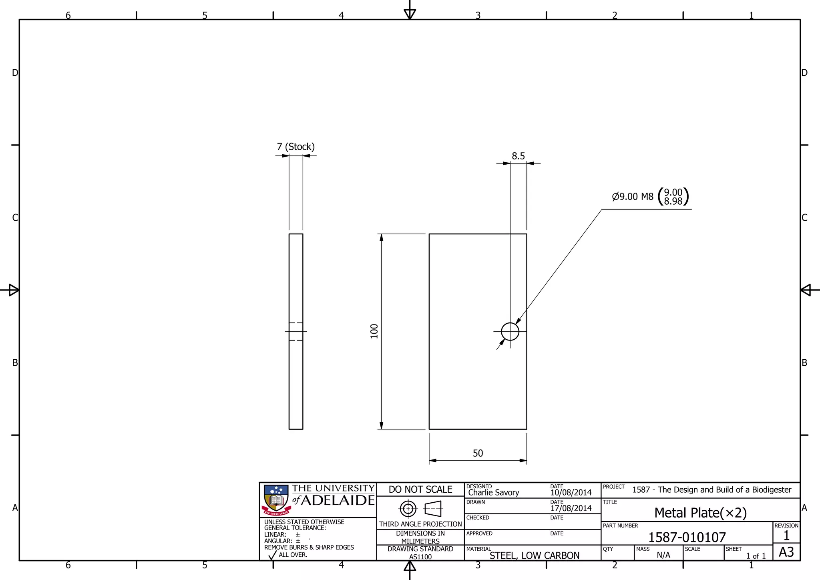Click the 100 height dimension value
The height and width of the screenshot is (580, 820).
pyautogui.click(x=374, y=331)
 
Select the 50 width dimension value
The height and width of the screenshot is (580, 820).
pyautogui.click(x=478, y=453)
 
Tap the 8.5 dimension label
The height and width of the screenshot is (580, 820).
pyautogui.click(x=518, y=156)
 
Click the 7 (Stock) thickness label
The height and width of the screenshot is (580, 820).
pyautogui.click(x=295, y=147)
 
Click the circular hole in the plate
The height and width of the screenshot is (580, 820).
pyautogui.click(x=510, y=331)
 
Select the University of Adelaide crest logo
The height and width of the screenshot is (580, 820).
pyautogui.click(x=276, y=499)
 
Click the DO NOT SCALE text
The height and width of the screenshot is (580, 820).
pyautogui.click(x=420, y=489)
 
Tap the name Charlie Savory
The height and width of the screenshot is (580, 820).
pyautogui.click(x=493, y=493)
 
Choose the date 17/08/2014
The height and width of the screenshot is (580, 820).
pyautogui.click(x=571, y=508)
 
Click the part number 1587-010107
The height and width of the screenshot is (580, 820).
pyautogui.click(x=687, y=537)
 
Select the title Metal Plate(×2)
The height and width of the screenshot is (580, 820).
pyautogui.click(x=700, y=513)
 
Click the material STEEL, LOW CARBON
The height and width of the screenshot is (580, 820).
pyautogui.click(x=534, y=556)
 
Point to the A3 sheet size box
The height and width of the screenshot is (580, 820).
pyautogui.click(x=786, y=552)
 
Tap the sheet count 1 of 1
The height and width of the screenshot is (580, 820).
pyautogui.click(x=756, y=556)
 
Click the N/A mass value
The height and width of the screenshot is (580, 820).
pyautogui.click(x=663, y=555)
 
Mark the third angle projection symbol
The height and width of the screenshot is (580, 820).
pyautogui.click(x=420, y=509)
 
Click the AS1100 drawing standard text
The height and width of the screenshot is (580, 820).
pyautogui.click(x=420, y=557)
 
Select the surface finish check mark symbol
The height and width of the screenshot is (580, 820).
pyautogui.click(x=272, y=555)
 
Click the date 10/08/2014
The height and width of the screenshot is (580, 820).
pyautogui.click(x=571, y=493)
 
